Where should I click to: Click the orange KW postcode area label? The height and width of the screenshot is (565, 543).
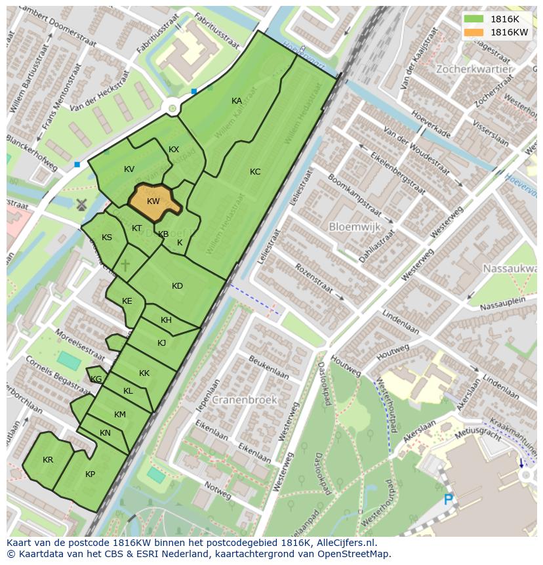pos(153,201)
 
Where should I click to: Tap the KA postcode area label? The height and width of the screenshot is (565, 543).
pos(237,100)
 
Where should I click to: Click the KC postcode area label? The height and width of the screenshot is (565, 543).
pos(255,172)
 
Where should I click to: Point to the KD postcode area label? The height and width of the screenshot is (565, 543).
pos(177,286)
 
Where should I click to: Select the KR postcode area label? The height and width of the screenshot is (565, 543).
pos(48,460)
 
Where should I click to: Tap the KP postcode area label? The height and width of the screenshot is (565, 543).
pos(90,474)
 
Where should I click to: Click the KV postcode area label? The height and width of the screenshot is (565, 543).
pos(129,169)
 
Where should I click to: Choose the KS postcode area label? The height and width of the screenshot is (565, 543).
pos(107,238)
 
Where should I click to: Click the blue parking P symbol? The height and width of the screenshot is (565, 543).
pos(449,500)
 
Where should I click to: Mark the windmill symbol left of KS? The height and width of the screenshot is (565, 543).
pos(81,204)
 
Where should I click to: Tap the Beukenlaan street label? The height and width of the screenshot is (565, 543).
pos(269,367)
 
